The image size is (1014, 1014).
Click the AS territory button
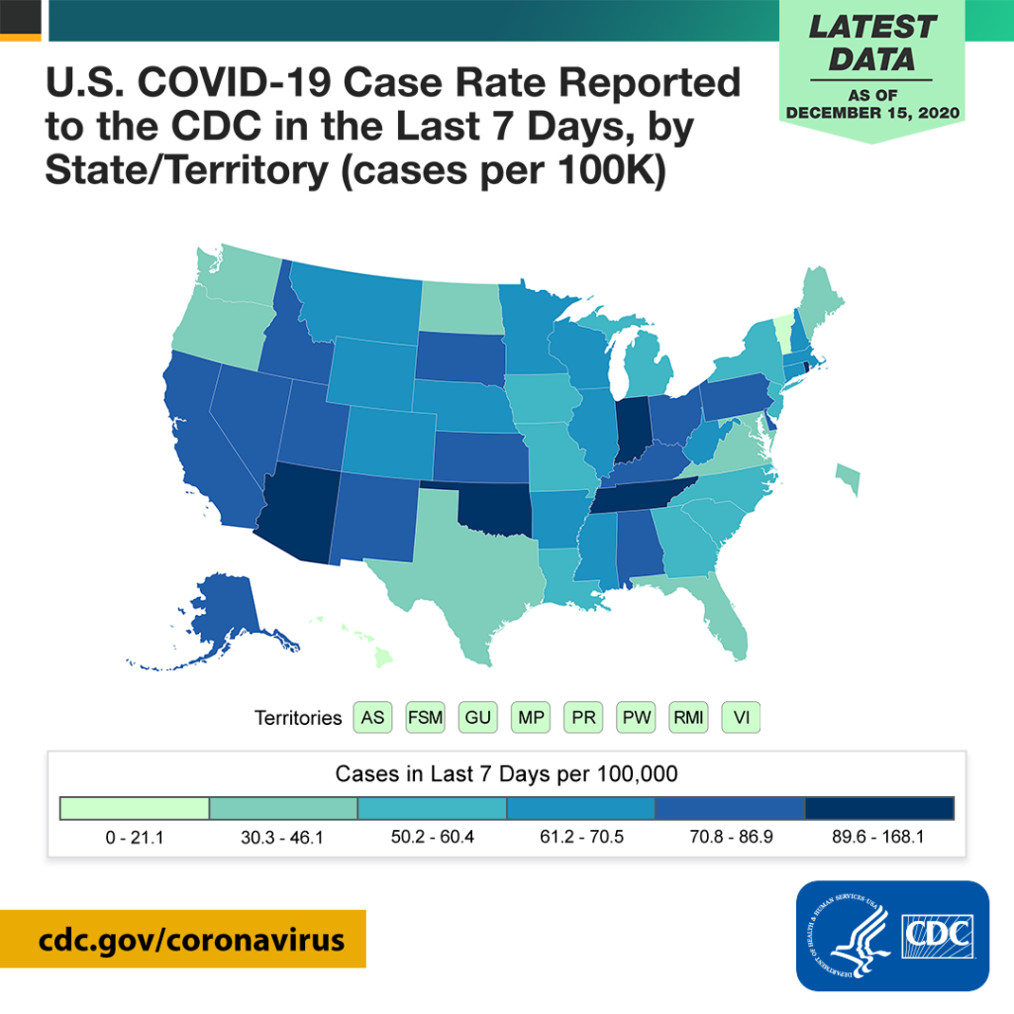(x=373, y=717)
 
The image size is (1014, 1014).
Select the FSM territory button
(x=426, y=717)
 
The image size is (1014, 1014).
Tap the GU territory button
(x=478, y=717)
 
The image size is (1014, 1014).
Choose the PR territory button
(x=583, y=717)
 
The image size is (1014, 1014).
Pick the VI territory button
(x=741, y=717)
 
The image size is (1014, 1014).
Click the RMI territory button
(x=688, y=717)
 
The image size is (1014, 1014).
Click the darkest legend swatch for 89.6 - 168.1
(x=879, y=808)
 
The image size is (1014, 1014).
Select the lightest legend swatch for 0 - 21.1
(x=135, y=808)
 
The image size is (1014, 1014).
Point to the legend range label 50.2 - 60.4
(x=433, y=837)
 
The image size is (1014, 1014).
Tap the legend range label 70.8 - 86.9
(x=731, y=837)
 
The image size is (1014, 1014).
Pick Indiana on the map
(x=632, y=426)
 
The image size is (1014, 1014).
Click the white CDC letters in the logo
(x=936, y=931)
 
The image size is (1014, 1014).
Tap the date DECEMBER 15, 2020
(x=874, y=113)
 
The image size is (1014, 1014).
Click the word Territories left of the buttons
(x=298, y=718)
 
